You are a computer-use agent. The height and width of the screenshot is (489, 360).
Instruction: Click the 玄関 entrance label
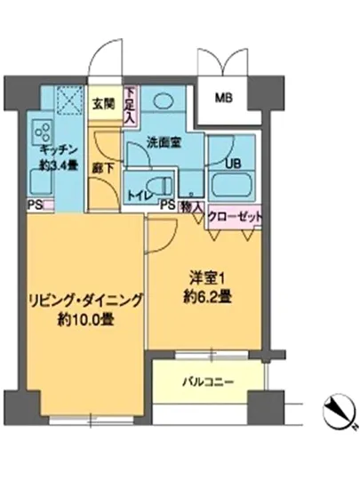[x=103, y=102]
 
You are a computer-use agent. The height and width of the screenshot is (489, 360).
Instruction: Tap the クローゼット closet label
[x=235, y=216]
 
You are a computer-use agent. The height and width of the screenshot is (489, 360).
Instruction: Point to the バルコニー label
[x=210, y=381]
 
